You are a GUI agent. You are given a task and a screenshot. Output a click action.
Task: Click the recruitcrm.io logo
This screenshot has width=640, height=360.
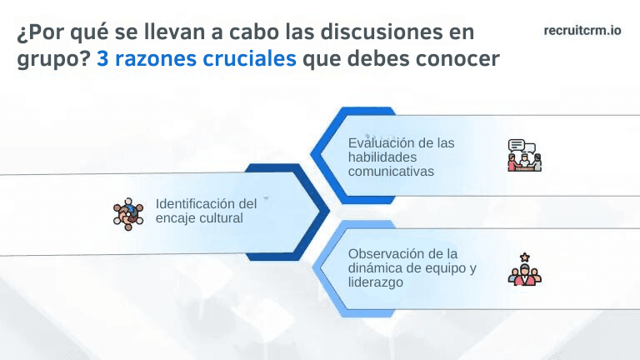[x=582, y=30]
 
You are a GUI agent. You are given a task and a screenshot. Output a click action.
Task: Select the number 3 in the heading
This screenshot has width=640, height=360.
[x=102, y=60]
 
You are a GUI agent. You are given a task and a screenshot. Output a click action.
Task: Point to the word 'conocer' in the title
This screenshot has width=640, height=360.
[x=460, y=60]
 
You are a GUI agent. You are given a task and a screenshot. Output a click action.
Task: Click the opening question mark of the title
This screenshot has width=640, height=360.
[x=22, y=33]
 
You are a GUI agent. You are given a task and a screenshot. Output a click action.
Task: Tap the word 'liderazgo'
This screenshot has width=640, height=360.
[x=376, y=282]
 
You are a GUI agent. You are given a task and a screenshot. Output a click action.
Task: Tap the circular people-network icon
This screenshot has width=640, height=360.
[x=128, y=213]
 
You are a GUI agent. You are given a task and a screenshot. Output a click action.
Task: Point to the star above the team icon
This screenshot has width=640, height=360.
[x=524, y=257]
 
